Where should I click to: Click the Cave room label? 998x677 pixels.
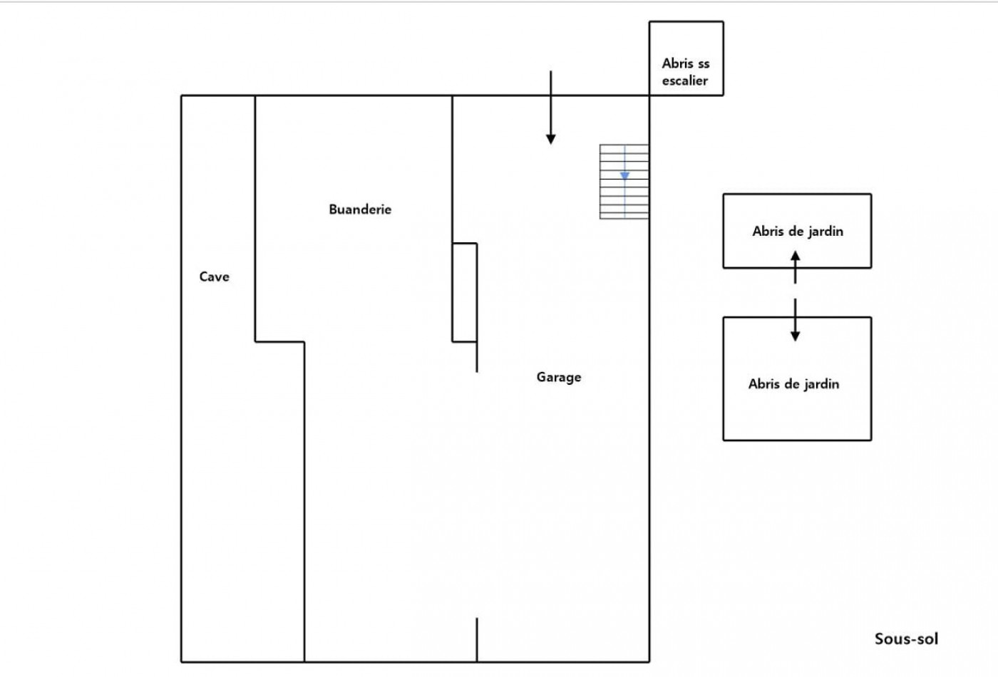coord(214,277)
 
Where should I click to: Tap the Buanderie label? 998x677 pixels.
coord(360,210)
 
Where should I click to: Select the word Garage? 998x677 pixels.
coord(559,377)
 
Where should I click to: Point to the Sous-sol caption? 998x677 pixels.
coord(906,639)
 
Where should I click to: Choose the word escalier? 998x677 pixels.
coord(685,81)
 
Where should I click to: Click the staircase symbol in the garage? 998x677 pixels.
coord(624,182)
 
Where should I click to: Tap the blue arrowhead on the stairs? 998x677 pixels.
coord(624,175)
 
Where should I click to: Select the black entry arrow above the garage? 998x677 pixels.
coord(550,107)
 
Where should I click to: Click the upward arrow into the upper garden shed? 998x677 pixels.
coord(796,265)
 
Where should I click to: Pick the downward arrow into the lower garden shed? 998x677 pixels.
coord(796,321)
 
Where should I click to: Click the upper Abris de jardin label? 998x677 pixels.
coord(798,231)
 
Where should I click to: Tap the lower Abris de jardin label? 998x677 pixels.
coord(793,384)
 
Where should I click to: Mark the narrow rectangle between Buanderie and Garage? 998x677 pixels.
coord(465,292)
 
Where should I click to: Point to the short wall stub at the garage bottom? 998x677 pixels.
coord(477,639)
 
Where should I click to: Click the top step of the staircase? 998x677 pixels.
coord(624,148)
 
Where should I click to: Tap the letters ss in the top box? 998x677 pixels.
coord(704,63)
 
